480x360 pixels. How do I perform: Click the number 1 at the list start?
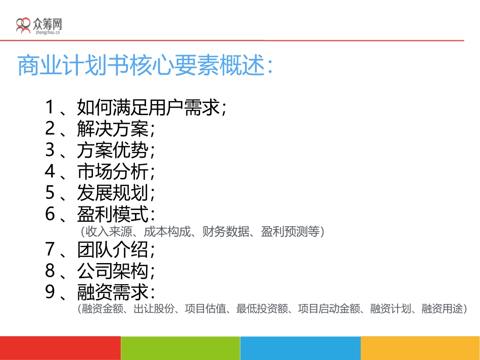(x=50, y=108)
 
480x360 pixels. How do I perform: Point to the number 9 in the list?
(x=50, y=292)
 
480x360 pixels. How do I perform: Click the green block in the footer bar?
(x=180, y=348)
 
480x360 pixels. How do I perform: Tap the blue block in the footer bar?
(x=300, y=348)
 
